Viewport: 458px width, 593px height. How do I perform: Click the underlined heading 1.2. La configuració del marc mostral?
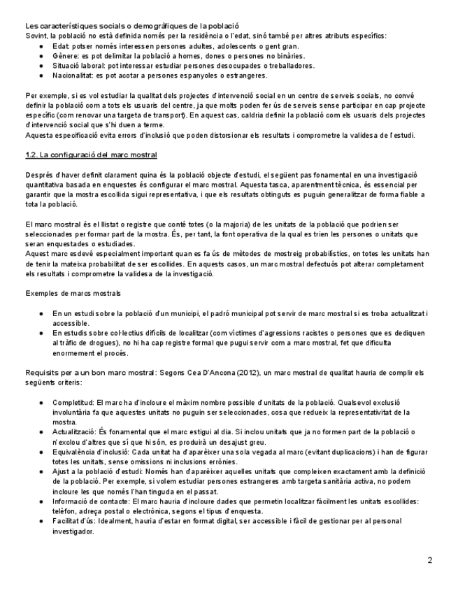(91, 155)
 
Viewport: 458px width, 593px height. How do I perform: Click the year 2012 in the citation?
(220, 373)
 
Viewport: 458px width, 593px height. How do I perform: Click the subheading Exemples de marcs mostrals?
(72, 292)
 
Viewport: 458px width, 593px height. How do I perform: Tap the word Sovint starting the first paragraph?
(36, 35)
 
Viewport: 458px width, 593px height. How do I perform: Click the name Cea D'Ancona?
(185, 373)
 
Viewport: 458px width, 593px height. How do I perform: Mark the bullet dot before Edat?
(43, 45)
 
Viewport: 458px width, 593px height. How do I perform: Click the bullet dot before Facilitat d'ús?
(43, 522)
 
